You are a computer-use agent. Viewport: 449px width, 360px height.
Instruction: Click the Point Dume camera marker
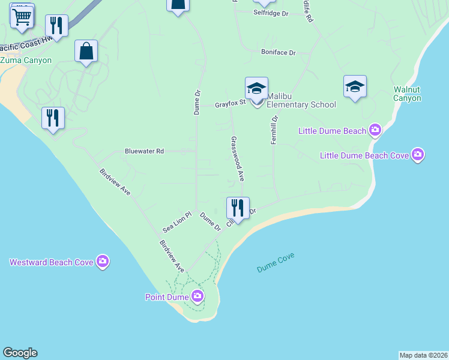[x=197, y=296]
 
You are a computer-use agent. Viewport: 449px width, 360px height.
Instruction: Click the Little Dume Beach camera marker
[x=375, y=130]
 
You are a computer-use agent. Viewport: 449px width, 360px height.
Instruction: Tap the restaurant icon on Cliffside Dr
[x=238, y=209]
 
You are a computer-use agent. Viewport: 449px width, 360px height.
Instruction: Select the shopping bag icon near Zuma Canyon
[x=86, y=52]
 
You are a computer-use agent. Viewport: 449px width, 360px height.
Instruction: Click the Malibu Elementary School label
[x=301, y=100]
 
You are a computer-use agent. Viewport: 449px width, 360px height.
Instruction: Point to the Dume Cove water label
[x=276, y=262]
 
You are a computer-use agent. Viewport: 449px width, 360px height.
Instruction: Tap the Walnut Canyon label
[x=407, y=94]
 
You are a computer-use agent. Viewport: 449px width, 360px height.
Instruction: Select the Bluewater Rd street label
[x=144, y=151]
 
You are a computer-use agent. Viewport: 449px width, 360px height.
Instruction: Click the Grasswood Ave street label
[x=237, y=158]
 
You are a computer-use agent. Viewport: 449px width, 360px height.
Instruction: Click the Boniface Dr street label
[x=279, y=52]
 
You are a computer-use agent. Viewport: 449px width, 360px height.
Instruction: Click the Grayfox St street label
[x=231, y=103]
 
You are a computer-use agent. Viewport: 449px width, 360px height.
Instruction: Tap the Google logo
[x=20, y=353]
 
